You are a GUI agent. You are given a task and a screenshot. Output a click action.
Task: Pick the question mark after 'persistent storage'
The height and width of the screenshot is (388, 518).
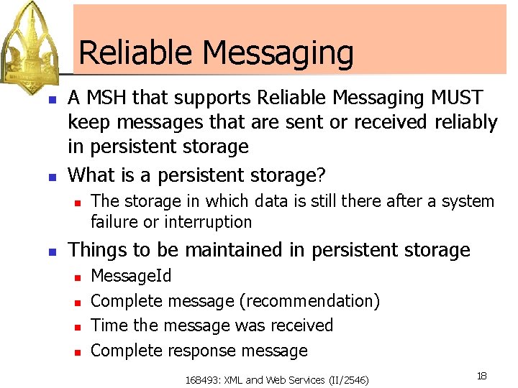pyautogui.click(x=321, y=175)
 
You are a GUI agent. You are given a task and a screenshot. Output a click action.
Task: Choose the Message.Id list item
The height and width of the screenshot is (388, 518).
pyautogui.click(x=131, y=276)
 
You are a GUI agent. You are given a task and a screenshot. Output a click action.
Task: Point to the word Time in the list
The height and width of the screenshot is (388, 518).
pyautogui.click(x=109, y=325)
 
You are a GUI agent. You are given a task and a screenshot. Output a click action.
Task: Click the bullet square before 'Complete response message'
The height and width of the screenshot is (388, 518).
pyautogui.click(x=75, y=351)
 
